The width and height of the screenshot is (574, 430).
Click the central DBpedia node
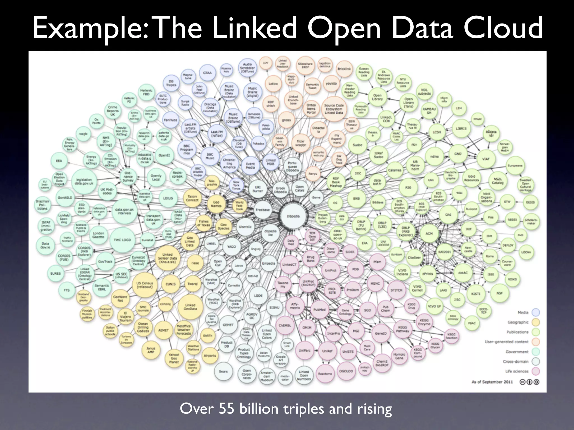tap(293, 216)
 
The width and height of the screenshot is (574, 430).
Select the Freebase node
tap(263, 210)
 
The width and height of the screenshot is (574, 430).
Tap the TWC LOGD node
tap(122, 240)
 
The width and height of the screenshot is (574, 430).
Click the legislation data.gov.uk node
tap(84, 181)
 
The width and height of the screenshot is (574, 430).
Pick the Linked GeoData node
tap(190, 307)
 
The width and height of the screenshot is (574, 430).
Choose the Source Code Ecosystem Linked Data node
tap(334, 109)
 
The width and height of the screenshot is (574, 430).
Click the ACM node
tap(429, 233)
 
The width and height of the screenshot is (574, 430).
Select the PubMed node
tap(320, 310)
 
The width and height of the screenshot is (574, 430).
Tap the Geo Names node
tap(216, 204)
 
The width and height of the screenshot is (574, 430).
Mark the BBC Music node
tap(210, 156)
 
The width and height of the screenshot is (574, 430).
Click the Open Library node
tap(377, 97)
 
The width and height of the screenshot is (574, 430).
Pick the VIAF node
tap(486, 159)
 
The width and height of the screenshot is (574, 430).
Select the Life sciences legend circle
tap(536, 371)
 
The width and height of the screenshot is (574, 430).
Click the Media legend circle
tap(536, 312)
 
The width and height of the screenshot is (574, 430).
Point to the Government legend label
tap(517, 352)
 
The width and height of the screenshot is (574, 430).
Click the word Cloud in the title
tap(503, 28)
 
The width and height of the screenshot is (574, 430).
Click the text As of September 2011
tap(492, 382)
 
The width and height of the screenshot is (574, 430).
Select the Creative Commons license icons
tap(529, 382)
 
